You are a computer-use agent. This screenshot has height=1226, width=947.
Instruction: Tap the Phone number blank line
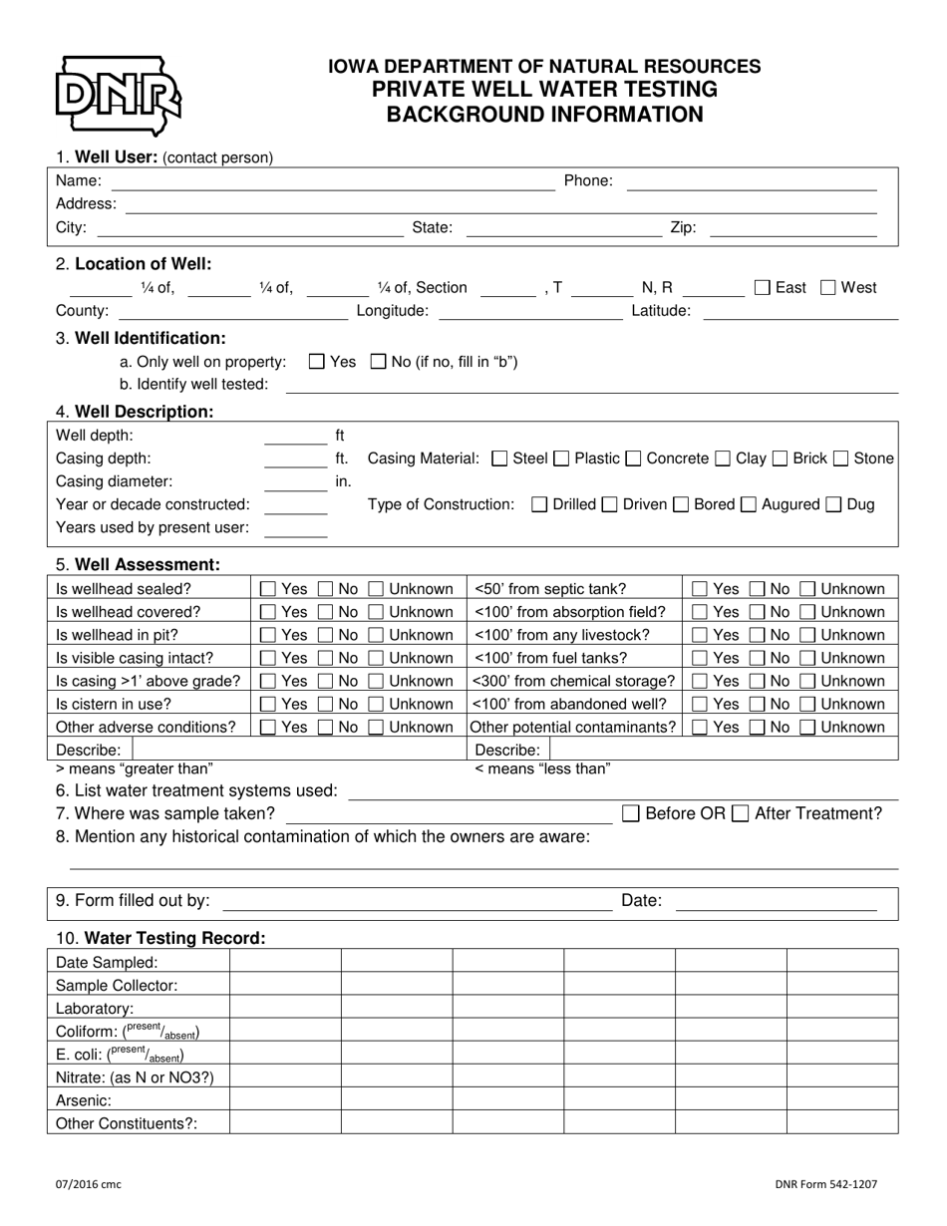751,182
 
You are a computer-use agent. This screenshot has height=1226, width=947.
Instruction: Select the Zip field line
792,229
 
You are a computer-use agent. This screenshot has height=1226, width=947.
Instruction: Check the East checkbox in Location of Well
763,288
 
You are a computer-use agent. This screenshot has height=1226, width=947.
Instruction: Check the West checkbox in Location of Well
828,288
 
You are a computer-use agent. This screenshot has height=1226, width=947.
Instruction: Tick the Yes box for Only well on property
317,362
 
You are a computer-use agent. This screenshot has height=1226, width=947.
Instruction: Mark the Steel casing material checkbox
500,459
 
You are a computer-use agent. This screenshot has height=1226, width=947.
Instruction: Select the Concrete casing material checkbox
634,459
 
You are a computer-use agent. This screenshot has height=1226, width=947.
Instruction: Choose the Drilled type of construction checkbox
540,504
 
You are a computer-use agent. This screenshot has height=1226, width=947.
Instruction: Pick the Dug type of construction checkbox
834,504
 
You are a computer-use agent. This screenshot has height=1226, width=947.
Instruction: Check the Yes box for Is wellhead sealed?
268,589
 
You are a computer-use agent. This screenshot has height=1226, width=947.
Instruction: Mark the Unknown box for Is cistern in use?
376,704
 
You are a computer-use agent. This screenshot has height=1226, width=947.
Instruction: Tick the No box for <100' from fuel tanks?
758,658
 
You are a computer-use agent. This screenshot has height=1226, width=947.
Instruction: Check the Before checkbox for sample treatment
631,813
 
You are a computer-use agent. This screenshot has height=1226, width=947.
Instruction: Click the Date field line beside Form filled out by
776,902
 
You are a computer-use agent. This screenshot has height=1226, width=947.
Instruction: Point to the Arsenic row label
84,1100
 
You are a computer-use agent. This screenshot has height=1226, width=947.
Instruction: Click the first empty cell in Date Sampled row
285,963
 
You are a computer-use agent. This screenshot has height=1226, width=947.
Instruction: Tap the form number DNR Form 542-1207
825,1184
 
